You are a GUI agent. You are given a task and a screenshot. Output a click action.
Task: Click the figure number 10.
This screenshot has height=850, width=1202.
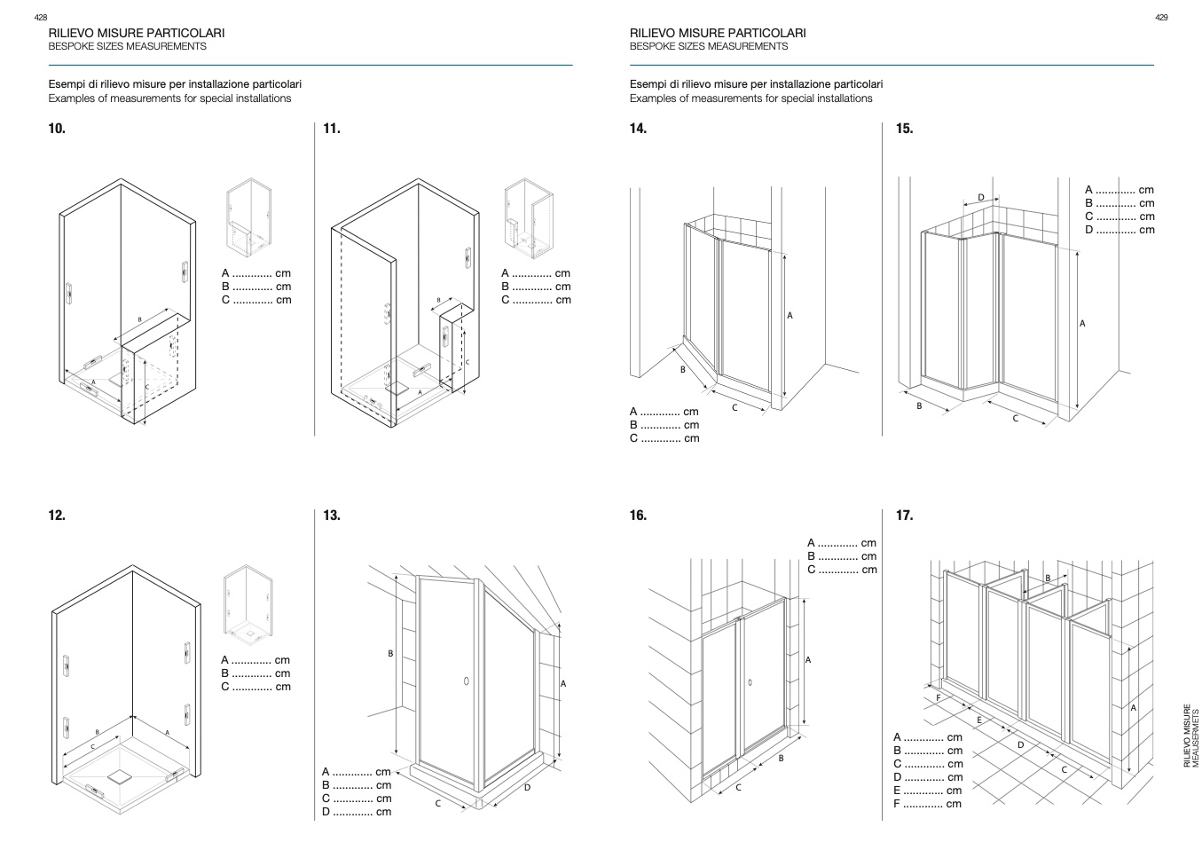click(57, 129)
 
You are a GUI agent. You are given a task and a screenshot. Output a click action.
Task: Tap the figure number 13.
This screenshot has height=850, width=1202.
click(332, 516)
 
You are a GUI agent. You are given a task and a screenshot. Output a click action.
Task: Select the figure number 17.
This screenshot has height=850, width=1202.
click(904, 516)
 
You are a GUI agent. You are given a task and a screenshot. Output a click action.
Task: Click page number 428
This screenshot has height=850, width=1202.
click(40, 18)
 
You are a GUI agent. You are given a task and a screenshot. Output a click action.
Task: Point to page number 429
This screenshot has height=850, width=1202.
click(1161, 18)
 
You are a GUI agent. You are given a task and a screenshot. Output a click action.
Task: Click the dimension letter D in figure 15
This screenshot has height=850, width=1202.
click(981, 198)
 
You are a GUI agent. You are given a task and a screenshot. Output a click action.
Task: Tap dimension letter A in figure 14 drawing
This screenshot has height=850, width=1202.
click(790, 316)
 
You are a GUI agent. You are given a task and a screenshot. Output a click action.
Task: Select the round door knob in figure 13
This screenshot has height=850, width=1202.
click(467, 681)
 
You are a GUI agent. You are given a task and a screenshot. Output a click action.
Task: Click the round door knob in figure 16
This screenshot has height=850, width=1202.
click(750, 682)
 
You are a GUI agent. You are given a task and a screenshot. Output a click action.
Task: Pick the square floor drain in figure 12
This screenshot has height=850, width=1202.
click(120, 775)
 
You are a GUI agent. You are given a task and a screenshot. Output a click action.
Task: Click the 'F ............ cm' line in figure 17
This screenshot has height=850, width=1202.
click(927, 804)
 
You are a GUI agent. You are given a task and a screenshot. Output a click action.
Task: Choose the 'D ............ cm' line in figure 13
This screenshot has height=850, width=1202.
click(357, 812)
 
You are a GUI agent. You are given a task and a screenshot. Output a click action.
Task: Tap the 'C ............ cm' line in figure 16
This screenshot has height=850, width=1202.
click(842, 570)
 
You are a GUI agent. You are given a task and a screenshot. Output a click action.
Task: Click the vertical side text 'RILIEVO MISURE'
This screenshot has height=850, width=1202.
click(1188, 736)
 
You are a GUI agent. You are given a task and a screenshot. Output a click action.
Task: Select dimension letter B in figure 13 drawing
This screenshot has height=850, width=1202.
click(390, 654)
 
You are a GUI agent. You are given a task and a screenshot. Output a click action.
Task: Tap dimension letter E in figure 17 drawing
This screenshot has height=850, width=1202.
click(979, 720)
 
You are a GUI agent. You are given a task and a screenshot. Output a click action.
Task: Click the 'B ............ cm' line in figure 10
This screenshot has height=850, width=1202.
click(256, 287)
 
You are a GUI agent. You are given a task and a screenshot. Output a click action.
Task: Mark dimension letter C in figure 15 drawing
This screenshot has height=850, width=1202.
click(1016, 419)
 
